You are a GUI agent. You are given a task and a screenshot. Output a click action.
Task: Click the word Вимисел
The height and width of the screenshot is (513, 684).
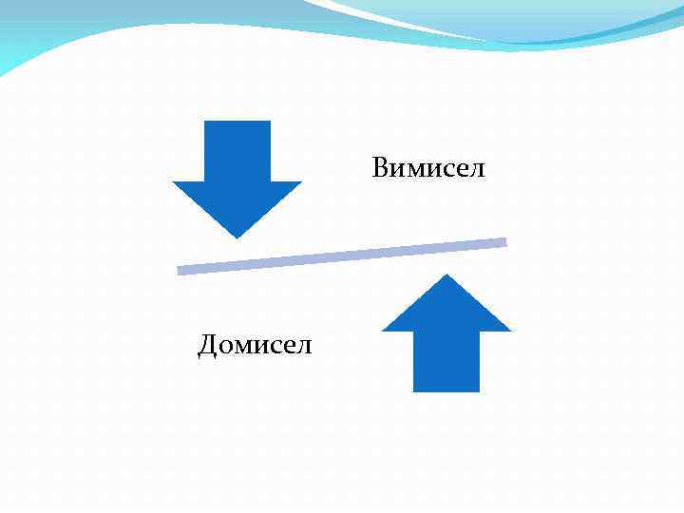click(x=428, y=169)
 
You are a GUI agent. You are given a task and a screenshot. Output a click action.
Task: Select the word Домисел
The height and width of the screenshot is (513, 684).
click(x=255, y=345)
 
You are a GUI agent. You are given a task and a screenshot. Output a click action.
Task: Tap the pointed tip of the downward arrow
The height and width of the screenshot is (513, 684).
click(x=237, y=237)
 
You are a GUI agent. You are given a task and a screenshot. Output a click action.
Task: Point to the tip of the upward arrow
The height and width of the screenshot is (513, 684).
click(x=446, y=275)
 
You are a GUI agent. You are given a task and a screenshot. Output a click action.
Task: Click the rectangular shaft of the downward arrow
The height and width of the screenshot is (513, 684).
click(x=237, y=150)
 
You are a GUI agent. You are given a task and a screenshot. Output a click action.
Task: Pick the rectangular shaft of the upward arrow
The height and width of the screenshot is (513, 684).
click(x=446, y=361)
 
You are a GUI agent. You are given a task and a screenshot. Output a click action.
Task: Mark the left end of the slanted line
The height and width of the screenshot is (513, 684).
click(x=180, y=271)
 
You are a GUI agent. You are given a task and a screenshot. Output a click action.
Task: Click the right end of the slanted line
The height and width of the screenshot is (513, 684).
click(x=504, y=242)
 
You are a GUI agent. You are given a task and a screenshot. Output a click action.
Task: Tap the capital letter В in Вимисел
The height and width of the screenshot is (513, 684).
click(x=381, y=169)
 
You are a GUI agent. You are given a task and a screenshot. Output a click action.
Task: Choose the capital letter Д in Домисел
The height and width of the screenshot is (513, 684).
click(x=208, y=345)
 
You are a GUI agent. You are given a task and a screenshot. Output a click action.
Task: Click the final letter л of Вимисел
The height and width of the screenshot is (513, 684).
click(x=477, y=171)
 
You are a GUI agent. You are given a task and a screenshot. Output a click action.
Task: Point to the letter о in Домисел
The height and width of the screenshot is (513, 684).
click(x=227, y=347)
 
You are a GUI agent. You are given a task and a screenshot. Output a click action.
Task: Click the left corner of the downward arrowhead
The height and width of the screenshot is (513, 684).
click(x=173, y=182)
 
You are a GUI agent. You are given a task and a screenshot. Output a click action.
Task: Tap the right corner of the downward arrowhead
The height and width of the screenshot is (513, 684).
click(x=300, y=182)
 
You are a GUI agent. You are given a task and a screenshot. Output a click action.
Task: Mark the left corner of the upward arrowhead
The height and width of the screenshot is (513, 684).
click(x=383, y=330)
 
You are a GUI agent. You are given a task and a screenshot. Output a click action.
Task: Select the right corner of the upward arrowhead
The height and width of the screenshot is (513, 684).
click(x=510, y=330)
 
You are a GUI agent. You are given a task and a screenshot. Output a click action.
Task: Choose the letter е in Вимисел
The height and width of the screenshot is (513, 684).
click(x=463, y=171)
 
